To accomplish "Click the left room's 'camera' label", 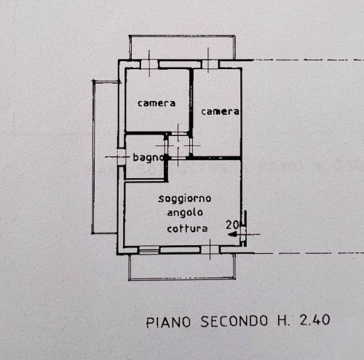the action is click(157, 103).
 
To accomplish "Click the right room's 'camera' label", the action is click(220, 112).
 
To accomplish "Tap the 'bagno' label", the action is click(149, 158).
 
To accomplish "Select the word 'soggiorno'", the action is click(185, 199).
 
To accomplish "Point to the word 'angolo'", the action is click(185, 213).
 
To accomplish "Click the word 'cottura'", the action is click(187, 228).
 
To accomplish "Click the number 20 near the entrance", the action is click(232, 225).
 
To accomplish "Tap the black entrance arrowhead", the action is click(232, 234).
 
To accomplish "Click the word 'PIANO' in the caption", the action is click(168, 322).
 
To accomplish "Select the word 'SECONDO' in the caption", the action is click(234, 321).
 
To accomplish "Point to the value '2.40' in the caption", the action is click(314, 319).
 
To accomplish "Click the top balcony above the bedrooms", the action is click(182, 47).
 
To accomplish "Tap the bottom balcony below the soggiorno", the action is click(182, 267).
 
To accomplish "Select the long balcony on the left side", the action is click(105, 157).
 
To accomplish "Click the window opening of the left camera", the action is click(149, 64).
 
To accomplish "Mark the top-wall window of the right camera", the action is click(210, 64).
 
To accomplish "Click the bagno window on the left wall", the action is click(121, 157).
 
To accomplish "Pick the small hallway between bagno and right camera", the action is click(178, 145).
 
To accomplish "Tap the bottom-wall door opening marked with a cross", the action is click(210, 249).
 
